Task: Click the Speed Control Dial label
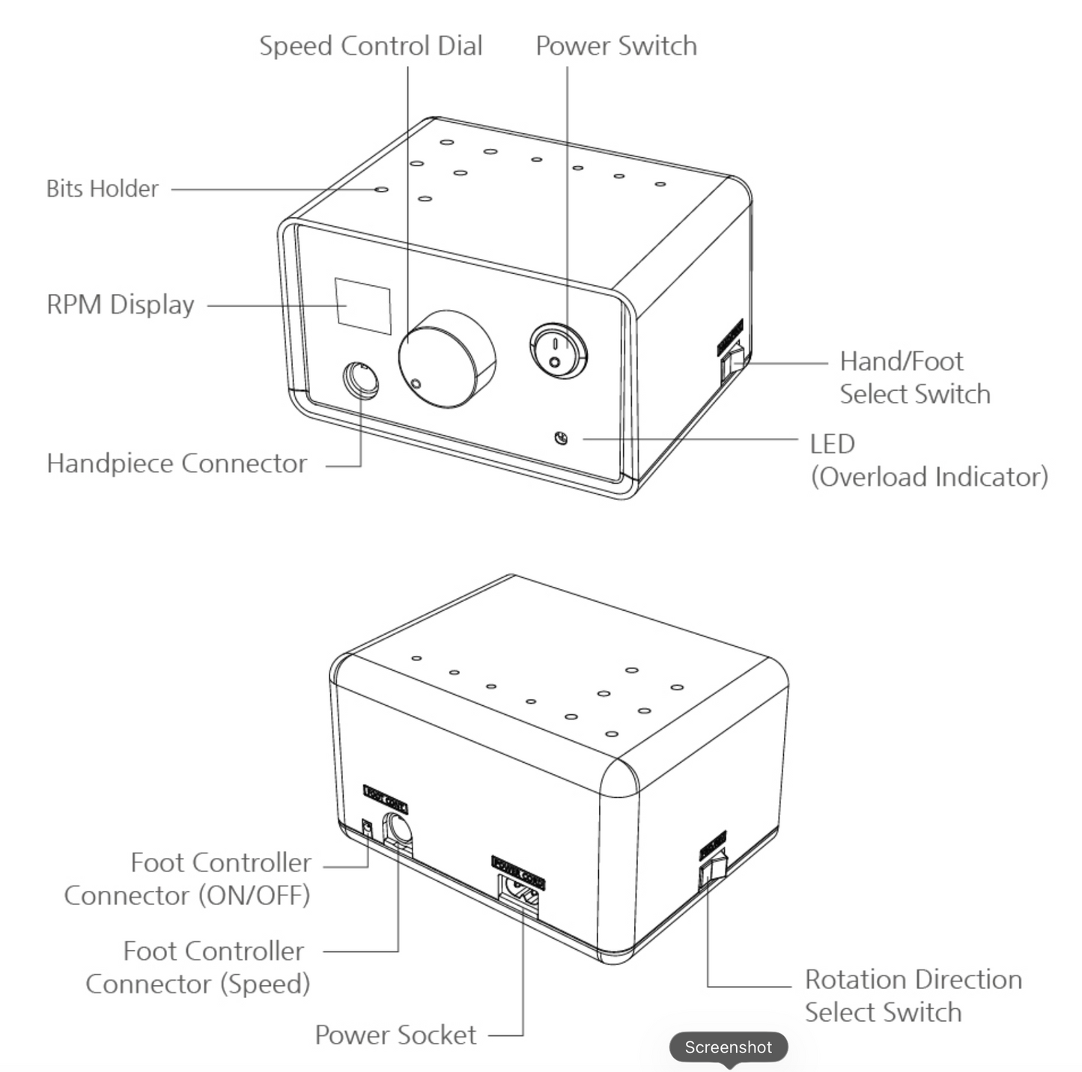371,46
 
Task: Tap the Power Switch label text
616,46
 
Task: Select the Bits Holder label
103,189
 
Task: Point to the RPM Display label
121,305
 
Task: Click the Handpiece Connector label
177,463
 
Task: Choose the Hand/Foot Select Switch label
914,377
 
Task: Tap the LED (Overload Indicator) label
928,460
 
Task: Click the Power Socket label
395,1035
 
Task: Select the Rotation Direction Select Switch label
913,996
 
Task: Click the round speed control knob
446,359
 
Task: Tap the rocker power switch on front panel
558,351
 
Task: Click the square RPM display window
363,305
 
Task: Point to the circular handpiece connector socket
361,381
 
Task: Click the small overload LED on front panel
560,438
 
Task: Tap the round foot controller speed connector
398,830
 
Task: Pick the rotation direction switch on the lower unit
713,868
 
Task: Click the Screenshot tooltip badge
728,1047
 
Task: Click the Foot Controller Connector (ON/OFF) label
187,879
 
